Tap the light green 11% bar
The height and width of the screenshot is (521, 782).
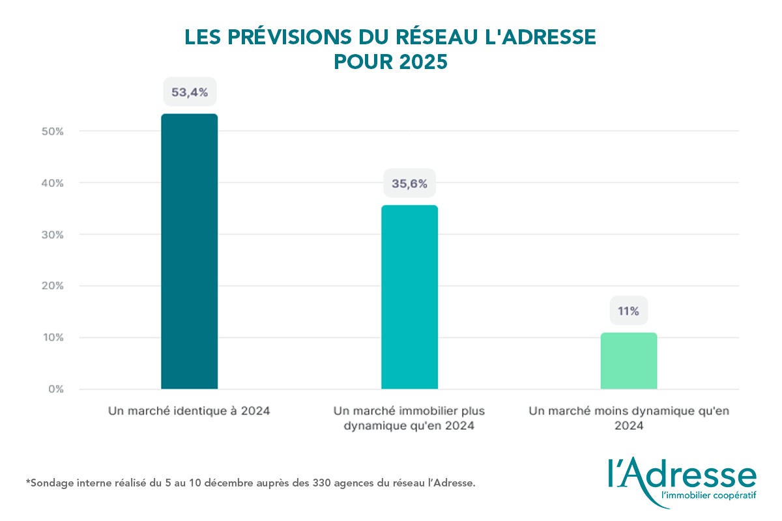(628, 361)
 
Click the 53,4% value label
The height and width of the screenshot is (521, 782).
(189, 92)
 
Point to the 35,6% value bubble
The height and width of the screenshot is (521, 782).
(409, 184)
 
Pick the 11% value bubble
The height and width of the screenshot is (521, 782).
(628, 311)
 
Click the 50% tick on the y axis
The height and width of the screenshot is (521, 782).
(52, 132)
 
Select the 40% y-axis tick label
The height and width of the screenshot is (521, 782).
(52, 183)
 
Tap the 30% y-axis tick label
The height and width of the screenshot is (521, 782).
(52, 234)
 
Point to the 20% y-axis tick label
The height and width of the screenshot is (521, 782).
(52, 286)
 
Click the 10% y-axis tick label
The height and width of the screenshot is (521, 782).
(52, 337)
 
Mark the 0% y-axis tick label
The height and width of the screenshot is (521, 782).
(55, 389)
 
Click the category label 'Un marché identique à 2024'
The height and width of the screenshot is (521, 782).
(189, 411)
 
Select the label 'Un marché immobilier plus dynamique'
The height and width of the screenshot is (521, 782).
(409, 418)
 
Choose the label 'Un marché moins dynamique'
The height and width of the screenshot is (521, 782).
(628, 418)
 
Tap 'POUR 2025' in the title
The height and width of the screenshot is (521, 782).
(390, 61)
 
